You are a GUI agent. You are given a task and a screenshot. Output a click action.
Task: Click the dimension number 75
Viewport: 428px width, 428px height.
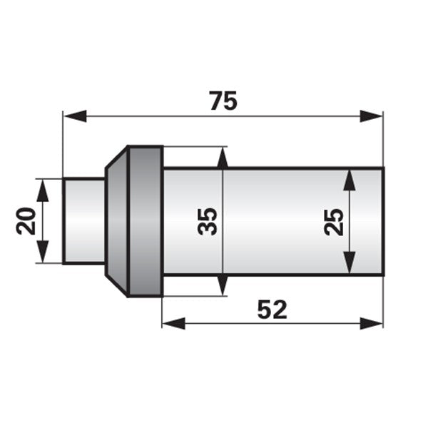(x=223, y=101)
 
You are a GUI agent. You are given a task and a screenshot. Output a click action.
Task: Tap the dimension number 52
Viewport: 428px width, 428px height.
(x=272, y=310)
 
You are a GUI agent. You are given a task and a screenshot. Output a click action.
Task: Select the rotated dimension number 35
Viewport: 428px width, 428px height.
(x=208, y=221)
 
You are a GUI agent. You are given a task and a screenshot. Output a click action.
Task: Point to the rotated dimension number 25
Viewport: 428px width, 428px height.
(x=334, y=222)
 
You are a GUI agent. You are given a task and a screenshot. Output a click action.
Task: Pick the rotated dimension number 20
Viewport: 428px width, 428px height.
(x=26, y=221)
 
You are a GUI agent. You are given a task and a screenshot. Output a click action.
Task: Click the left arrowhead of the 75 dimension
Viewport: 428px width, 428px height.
(x=75, y=116)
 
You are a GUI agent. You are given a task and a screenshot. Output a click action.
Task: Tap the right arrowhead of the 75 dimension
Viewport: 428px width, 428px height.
(x=371, y=116)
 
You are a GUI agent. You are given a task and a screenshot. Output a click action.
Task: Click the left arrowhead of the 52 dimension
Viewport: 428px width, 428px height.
(x=174, y=323)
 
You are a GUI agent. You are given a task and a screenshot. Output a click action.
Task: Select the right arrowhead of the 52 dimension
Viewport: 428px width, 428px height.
(x=371, y=323)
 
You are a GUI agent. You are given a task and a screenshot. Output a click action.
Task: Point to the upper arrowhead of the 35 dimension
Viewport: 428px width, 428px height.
(x=223, y=158)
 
